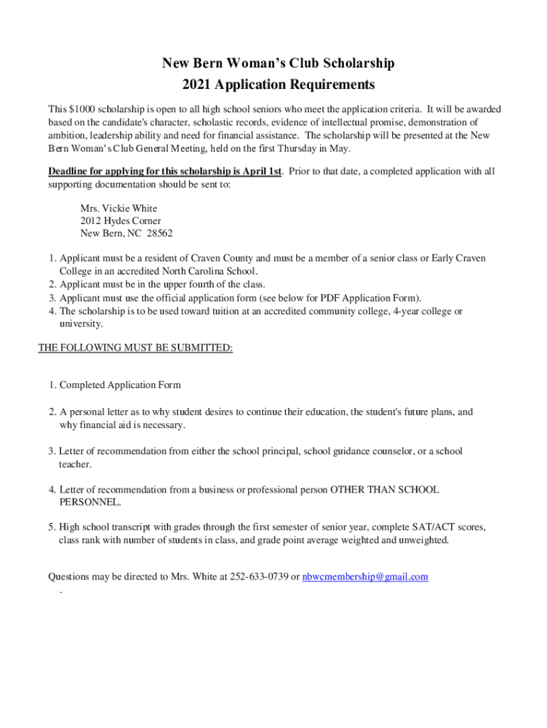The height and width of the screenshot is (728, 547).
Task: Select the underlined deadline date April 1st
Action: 256,171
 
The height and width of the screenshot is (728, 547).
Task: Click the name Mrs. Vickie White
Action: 119,208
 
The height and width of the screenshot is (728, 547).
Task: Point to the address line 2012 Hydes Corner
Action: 121,221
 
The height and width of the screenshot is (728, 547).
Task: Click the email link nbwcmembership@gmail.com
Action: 365,577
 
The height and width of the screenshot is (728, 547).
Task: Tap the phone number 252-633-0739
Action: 259,577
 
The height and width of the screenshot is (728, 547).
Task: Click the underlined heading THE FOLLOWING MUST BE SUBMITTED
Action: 135,348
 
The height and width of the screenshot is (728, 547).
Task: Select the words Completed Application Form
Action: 120,385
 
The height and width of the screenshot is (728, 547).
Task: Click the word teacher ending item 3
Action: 75,464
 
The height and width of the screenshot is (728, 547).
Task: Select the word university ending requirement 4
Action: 80,323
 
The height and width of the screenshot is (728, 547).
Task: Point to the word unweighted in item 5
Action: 423,540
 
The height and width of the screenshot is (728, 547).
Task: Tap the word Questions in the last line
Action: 69,577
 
